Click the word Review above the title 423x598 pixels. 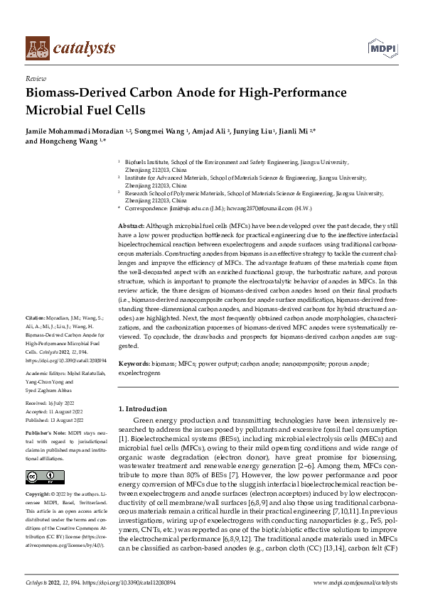[35, 79]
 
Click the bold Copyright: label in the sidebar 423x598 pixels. [40, 494]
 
